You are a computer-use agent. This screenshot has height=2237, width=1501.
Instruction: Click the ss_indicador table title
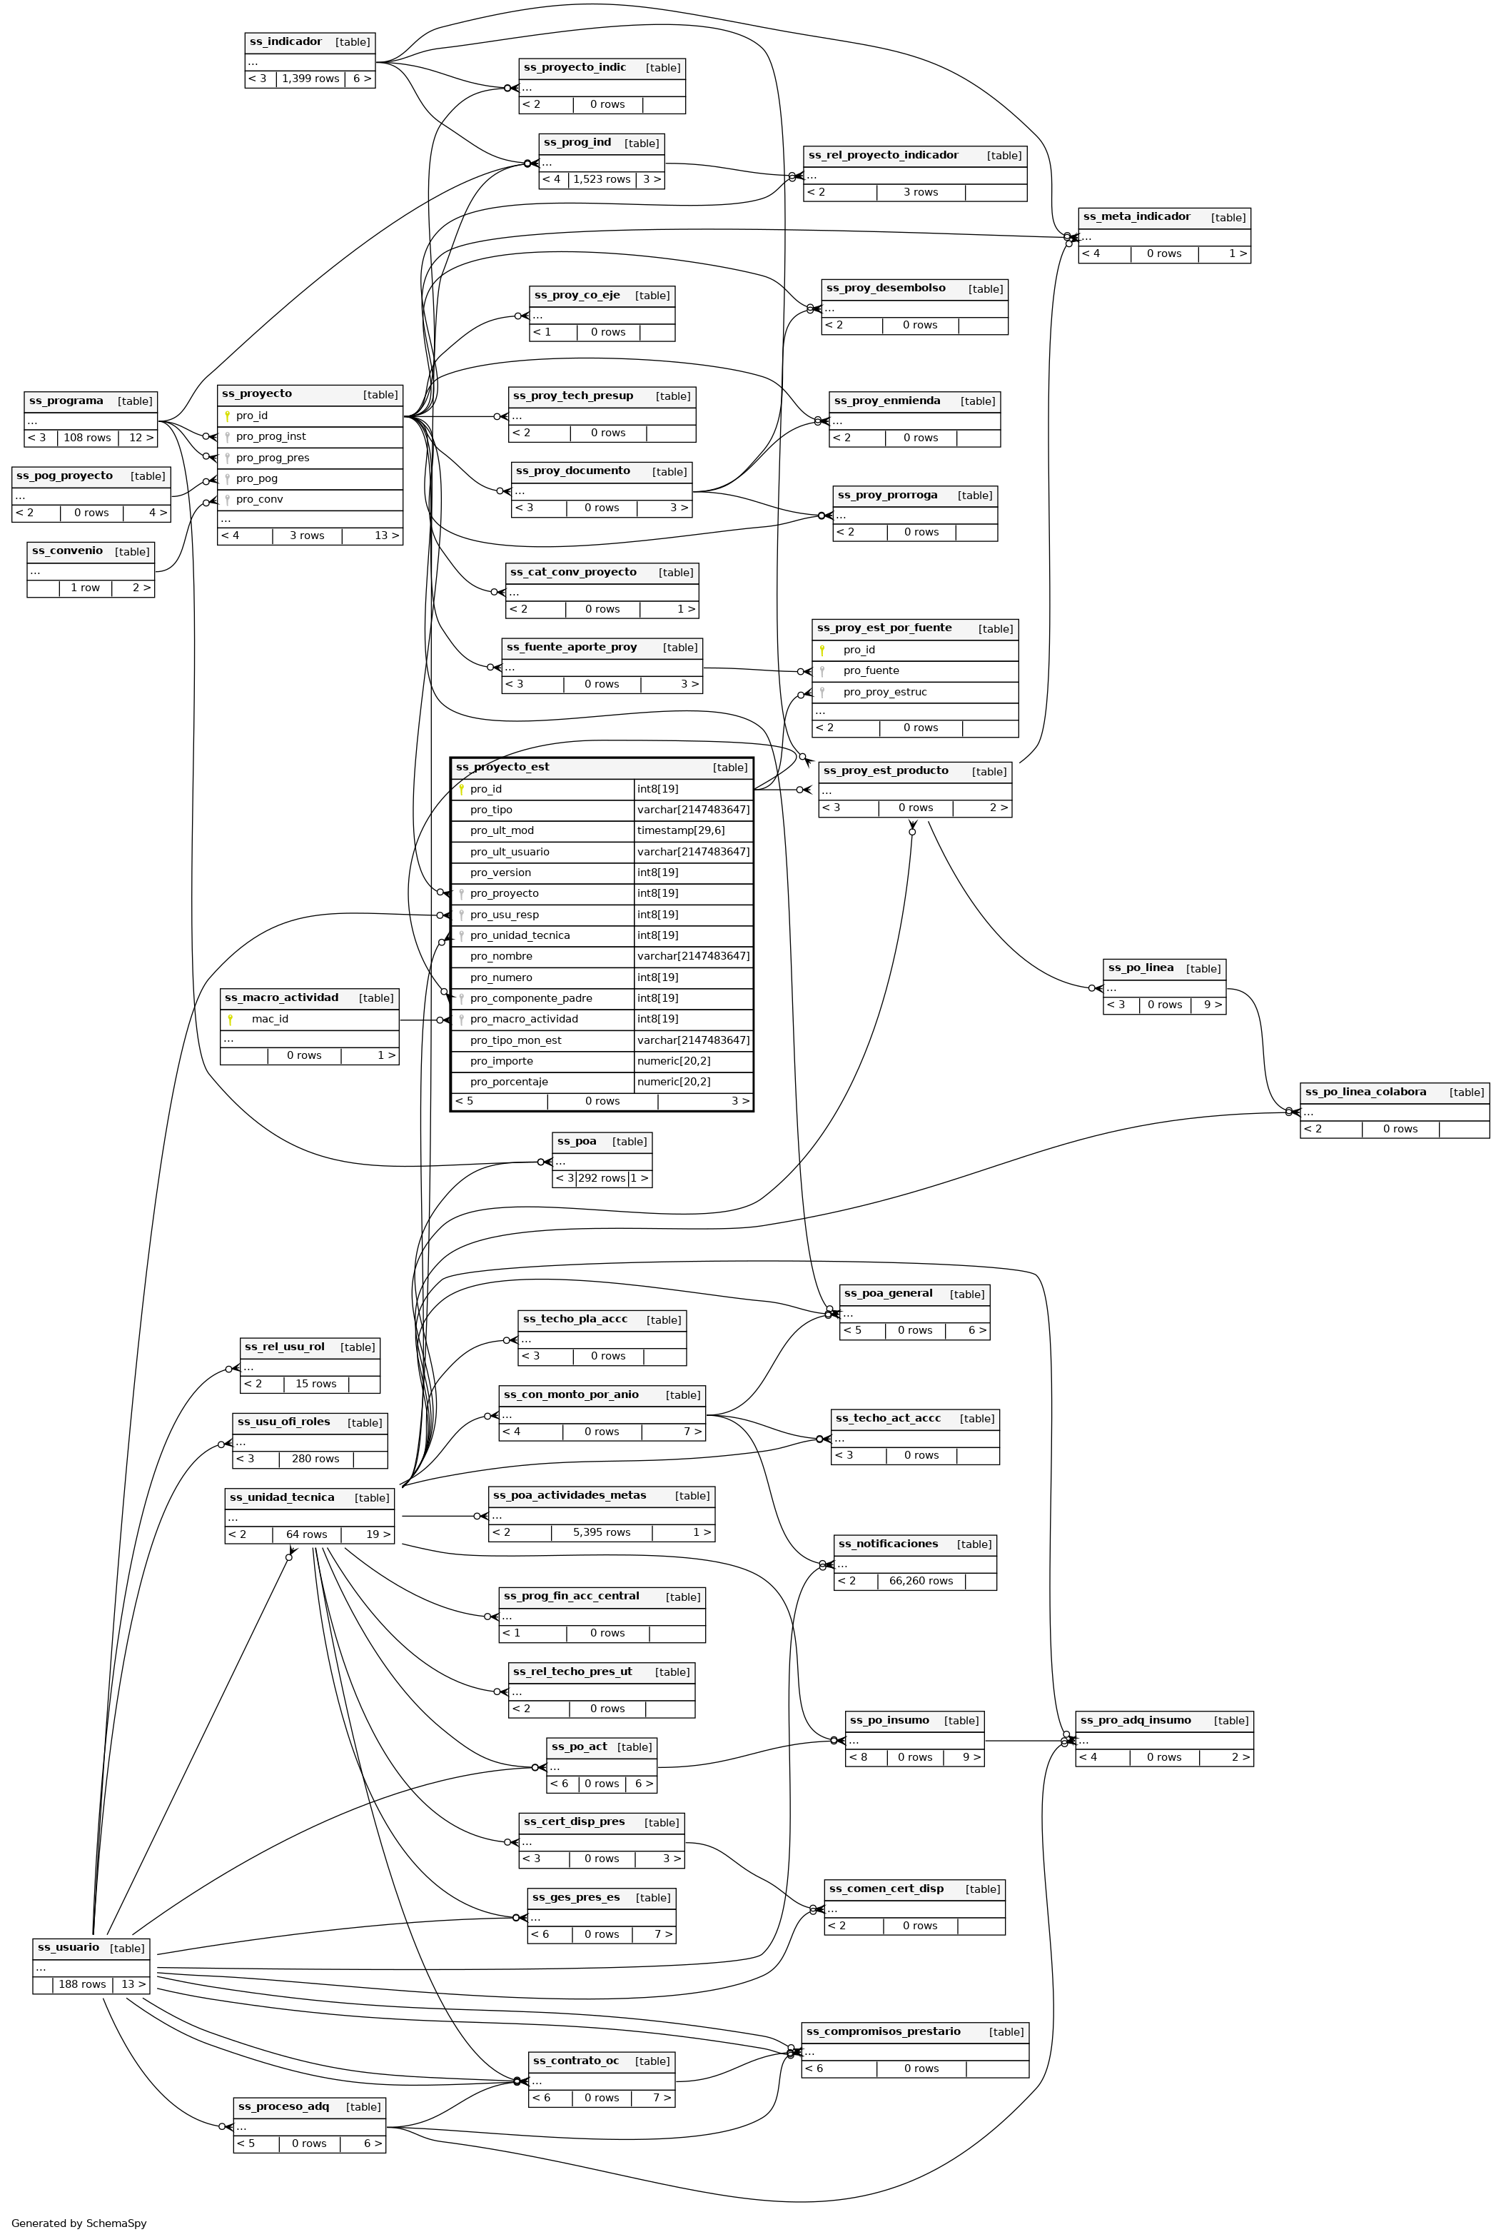pos(285,42)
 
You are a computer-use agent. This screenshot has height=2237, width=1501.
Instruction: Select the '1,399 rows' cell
pos(310,79)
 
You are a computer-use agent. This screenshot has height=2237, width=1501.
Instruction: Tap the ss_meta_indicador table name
pos(1136,217)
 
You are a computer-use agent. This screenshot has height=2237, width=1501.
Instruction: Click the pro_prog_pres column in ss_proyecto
pos(272,458)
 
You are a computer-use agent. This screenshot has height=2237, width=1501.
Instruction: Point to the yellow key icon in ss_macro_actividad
pos(231,1020)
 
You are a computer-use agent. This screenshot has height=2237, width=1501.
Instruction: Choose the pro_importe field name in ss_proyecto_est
pos(502,1061)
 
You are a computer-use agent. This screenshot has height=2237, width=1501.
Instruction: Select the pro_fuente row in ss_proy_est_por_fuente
pos(870,671)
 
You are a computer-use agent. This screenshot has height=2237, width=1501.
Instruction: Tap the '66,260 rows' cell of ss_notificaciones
pos(921,1581)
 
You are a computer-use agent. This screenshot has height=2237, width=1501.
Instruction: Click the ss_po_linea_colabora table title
pos(1365,1092)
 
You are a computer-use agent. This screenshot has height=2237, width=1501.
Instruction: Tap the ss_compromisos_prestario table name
pos(883,2024)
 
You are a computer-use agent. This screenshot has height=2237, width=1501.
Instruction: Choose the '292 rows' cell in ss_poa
pos(601,1178)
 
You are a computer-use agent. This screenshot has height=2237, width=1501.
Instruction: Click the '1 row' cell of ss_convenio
pos(85,588)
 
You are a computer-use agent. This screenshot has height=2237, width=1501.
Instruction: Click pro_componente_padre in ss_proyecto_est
pos(530,998)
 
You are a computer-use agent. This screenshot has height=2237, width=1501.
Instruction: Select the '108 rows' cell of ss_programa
pos(87,438)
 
